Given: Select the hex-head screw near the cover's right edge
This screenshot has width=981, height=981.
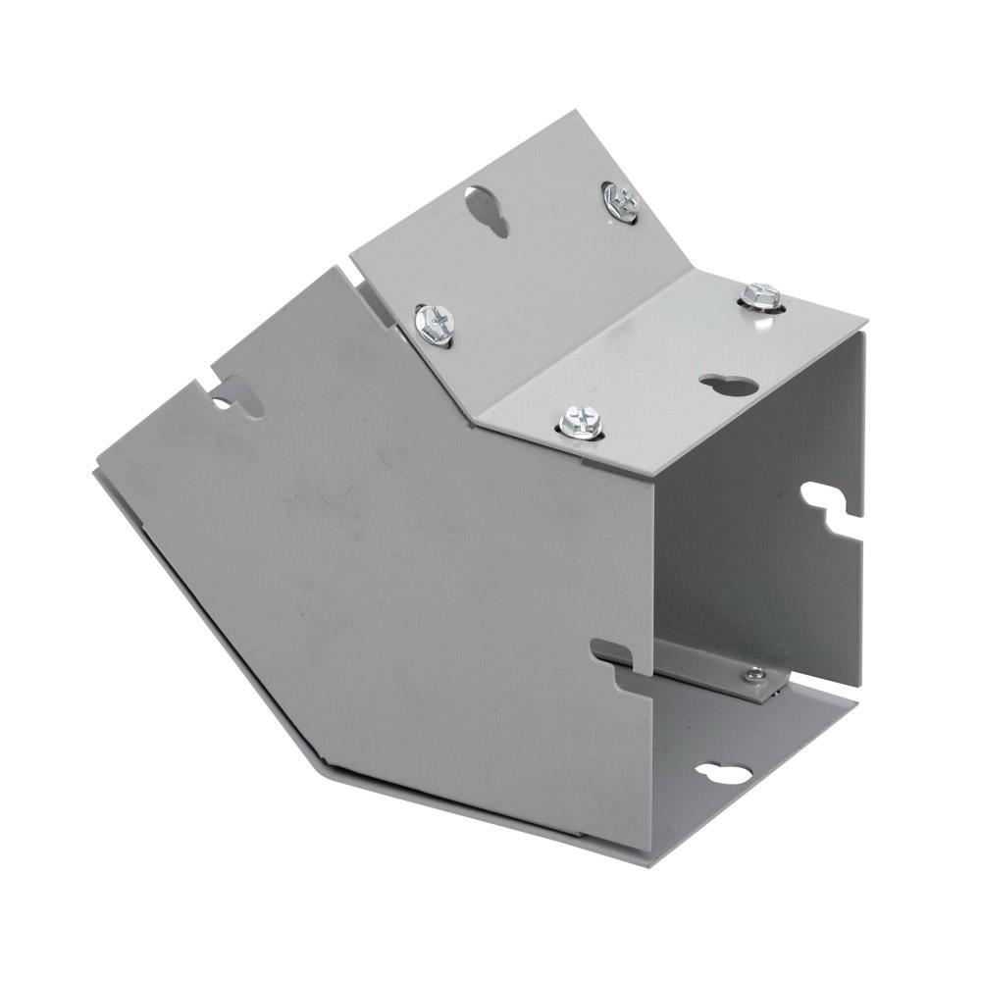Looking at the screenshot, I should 760,295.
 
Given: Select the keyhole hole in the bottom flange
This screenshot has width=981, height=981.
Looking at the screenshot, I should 725,774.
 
